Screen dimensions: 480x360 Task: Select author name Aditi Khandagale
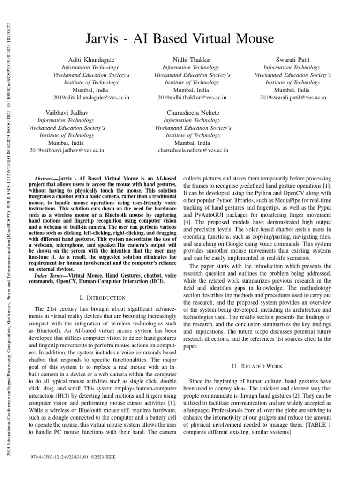(x=92, y=60)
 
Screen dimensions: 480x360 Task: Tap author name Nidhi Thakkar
(x=192, y=60)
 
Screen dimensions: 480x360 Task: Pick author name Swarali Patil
(x=292, y=60)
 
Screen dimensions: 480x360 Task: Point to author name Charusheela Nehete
(x=192, y=113)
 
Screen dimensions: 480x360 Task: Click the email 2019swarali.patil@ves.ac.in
(x=292, y=97)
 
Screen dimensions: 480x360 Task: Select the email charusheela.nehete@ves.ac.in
(x=192, y=150)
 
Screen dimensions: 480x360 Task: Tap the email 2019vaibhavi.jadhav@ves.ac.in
(x=67, y=150)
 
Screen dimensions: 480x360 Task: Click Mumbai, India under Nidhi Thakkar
(x=192, y=90)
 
